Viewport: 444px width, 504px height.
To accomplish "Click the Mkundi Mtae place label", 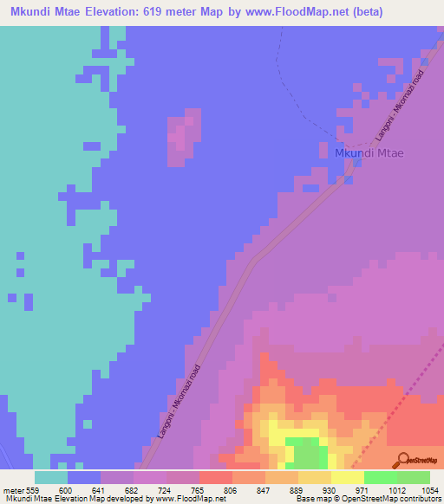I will (x=369, y=153).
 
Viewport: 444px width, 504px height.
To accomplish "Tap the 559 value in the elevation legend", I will (x=34, y=490).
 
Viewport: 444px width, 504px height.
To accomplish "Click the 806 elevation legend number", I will (x=232, y=490).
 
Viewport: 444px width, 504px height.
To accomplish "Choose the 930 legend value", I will (x=330, y=490).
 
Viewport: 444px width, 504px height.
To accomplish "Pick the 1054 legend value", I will (x=430, y=490).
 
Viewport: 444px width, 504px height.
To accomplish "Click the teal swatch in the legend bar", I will (x=50, y=477).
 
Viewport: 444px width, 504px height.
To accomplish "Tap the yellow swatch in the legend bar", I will (x=347, y=477).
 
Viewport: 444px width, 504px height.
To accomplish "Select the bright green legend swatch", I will (x=380, y=477).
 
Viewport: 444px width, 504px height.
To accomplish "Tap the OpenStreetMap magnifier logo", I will (x=402, y=460).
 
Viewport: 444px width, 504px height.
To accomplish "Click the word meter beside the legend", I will (x=15, y=490).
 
